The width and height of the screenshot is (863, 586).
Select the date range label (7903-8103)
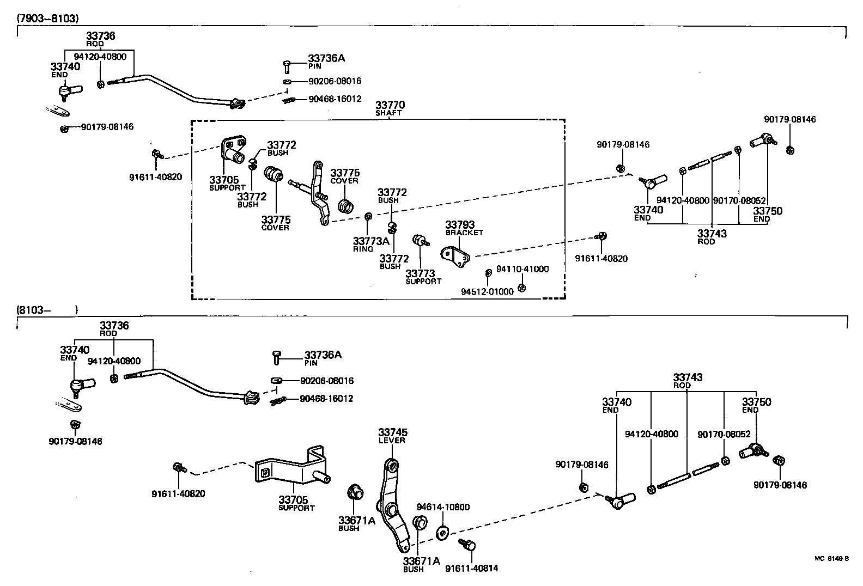point(48,18)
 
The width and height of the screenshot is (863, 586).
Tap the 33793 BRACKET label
point(461,228)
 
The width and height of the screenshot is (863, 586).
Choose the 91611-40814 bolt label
point(471,569)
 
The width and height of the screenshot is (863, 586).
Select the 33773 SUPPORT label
point(423,277)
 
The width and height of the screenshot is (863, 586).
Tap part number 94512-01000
point(487,291)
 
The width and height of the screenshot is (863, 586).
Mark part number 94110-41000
point(522,269)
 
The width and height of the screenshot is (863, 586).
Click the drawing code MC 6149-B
point(831,558)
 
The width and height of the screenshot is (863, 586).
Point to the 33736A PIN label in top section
point(326,61)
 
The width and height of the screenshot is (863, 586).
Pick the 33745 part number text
point(393,432)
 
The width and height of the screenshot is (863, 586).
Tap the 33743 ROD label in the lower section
point(687,380)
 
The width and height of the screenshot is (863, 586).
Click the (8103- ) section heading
point(47,310)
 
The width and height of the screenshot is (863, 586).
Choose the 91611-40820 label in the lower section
point(178,494)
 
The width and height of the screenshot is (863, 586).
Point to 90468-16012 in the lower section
point(326,399)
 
